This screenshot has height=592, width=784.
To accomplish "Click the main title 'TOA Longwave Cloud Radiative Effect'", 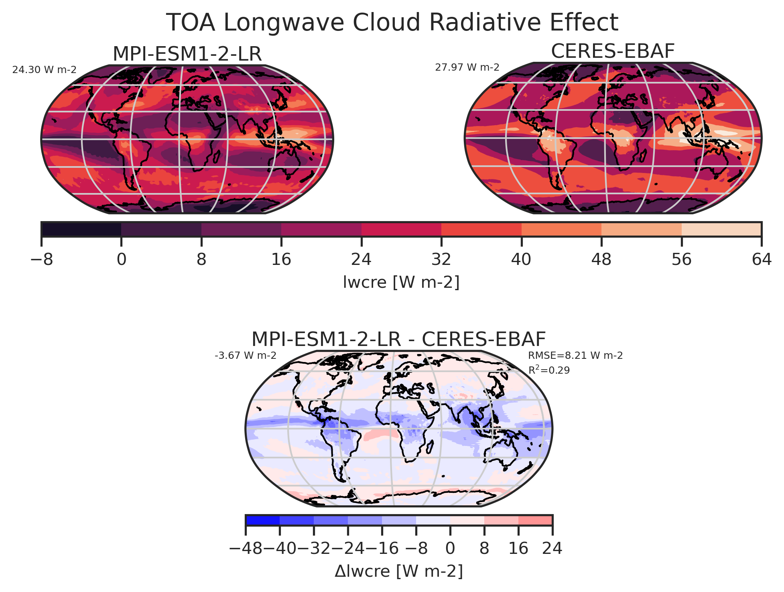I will [392, 22].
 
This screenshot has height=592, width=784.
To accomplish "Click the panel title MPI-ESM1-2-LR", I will [187, 54].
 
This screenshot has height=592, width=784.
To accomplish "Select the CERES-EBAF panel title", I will [613, 51].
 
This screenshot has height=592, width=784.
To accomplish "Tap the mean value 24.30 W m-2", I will [44, 70].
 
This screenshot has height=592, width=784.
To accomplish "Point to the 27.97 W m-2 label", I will [467, 67].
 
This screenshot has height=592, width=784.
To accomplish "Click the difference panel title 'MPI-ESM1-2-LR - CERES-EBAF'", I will [398, 339].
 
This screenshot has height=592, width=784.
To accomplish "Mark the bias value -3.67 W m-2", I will [246, 356].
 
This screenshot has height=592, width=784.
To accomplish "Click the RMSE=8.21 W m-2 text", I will [575, 356].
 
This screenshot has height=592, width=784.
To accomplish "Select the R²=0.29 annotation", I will [549, 370].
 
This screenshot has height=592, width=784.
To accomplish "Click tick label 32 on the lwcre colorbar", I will [441, 260].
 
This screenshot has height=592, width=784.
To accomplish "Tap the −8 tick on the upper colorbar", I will [42, 260].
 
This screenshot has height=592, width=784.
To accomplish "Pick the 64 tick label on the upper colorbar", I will [761, 260].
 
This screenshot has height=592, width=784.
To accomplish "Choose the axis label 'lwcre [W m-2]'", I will [401, 283].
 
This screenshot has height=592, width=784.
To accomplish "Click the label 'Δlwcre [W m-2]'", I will [398, 572].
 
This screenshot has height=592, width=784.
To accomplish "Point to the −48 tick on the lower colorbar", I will [246, 548].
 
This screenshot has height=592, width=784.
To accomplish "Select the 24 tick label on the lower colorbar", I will [552, 548].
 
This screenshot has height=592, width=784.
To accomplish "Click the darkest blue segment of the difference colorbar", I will [262, 520].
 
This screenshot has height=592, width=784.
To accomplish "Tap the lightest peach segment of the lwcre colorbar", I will [721, 229].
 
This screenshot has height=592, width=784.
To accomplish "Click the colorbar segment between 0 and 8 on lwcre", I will [161, 229].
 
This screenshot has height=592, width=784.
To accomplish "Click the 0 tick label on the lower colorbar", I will [450, 548].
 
